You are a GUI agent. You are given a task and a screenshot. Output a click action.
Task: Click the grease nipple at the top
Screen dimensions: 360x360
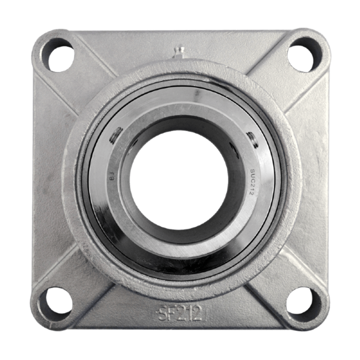click(x=179, y=53)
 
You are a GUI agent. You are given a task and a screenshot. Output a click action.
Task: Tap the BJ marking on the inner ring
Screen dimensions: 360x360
click(x=109, y=181)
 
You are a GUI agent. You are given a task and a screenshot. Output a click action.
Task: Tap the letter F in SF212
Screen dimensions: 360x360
click(x=164, y=313)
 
